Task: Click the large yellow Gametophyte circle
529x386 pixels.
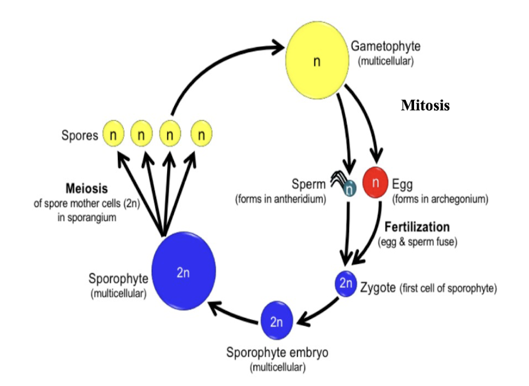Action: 316,60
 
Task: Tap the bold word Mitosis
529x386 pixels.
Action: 425,106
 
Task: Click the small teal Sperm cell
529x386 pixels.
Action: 350,188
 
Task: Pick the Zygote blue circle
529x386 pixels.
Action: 345,284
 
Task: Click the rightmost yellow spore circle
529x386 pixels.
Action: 201,135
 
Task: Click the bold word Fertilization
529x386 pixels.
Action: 417,227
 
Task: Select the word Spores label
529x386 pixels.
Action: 80,136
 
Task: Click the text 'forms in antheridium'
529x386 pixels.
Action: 280,199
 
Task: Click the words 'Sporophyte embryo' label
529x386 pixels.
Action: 277,353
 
